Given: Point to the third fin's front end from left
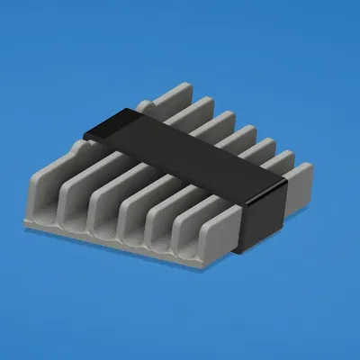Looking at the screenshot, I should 103,216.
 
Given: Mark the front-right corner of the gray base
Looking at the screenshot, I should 216,267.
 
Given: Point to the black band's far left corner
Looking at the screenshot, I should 85,135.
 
